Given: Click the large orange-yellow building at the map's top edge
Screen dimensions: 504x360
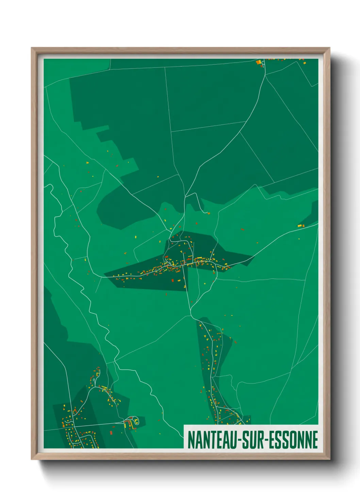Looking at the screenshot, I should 258,62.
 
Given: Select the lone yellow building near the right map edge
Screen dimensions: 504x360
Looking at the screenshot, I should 300,225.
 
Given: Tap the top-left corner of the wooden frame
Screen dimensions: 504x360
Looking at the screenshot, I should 32,48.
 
